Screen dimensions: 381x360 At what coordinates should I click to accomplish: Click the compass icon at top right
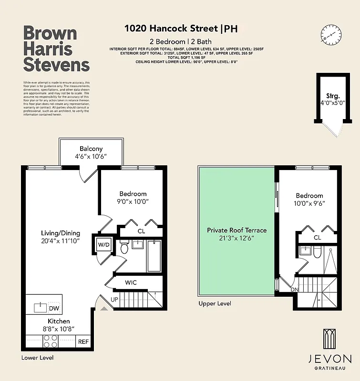[331, 33]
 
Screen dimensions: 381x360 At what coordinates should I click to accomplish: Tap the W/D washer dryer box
[104, 245]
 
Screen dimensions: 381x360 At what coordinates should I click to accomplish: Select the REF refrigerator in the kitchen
[83, 341]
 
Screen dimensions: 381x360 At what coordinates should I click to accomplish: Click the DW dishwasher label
[54, 308]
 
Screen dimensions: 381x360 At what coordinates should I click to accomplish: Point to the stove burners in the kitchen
[51, 341]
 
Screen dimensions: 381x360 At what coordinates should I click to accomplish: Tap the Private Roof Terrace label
[237, 230]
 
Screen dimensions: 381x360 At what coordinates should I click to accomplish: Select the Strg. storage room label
[332, 95]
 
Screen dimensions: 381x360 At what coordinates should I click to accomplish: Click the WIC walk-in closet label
[131, 282]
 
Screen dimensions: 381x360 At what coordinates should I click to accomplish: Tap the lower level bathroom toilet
[125, 248]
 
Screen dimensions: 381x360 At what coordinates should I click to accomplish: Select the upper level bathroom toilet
[316, 253]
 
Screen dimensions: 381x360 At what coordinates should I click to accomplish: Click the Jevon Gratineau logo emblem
[330, 339]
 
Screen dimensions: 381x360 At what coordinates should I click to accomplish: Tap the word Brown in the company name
[50, 33]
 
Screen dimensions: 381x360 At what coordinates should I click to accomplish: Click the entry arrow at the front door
[103, 309]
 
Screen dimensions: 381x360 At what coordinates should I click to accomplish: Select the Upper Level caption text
[215, 303]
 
